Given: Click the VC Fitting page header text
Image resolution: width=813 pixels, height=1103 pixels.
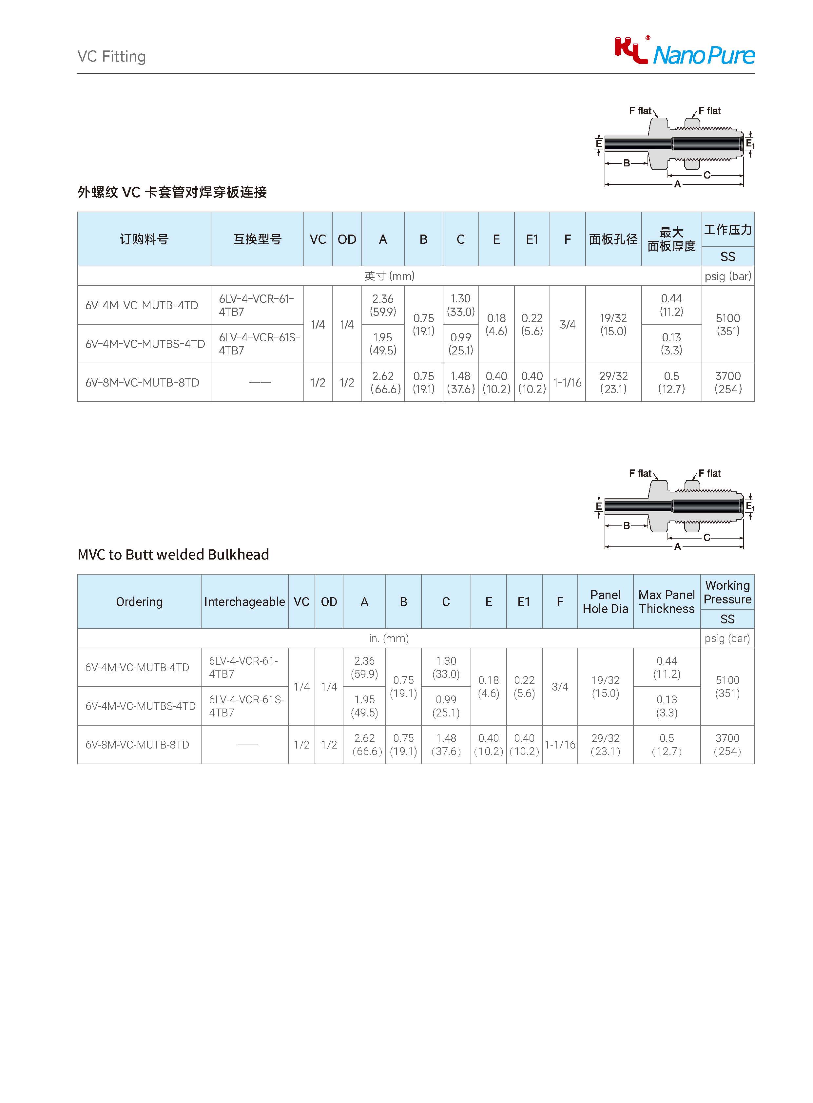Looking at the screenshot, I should [112, 57].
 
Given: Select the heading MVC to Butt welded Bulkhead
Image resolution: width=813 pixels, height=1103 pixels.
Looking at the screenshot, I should [173, 555].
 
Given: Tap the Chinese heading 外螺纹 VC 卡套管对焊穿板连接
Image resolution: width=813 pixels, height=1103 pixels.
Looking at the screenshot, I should [172, 192].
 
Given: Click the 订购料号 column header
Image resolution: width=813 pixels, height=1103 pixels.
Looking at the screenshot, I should [144, 239].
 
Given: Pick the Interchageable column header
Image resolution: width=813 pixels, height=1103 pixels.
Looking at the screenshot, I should [244, 602].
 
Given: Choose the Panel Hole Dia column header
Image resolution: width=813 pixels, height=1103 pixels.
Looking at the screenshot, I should [605, 602].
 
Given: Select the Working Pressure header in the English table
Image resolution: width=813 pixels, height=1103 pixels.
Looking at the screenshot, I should [727, 592].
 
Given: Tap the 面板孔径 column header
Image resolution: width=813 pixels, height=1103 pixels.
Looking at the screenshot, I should [613, 239].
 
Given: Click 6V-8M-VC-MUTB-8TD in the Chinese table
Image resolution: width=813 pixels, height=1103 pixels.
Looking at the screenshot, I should [142, 383].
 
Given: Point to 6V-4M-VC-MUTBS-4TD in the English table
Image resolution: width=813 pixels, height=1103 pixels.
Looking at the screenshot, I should [140, 706].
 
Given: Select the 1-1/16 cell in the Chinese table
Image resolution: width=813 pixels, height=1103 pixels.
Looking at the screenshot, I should [568, 383].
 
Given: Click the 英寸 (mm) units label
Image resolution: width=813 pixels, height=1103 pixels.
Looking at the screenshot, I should [389, 276].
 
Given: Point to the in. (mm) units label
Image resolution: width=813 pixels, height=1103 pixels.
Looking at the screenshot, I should [389, 638].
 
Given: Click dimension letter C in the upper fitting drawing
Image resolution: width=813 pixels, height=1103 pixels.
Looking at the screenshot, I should [707, 175].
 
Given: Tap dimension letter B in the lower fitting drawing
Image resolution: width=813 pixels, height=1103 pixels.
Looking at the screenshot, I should [627, 525].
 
